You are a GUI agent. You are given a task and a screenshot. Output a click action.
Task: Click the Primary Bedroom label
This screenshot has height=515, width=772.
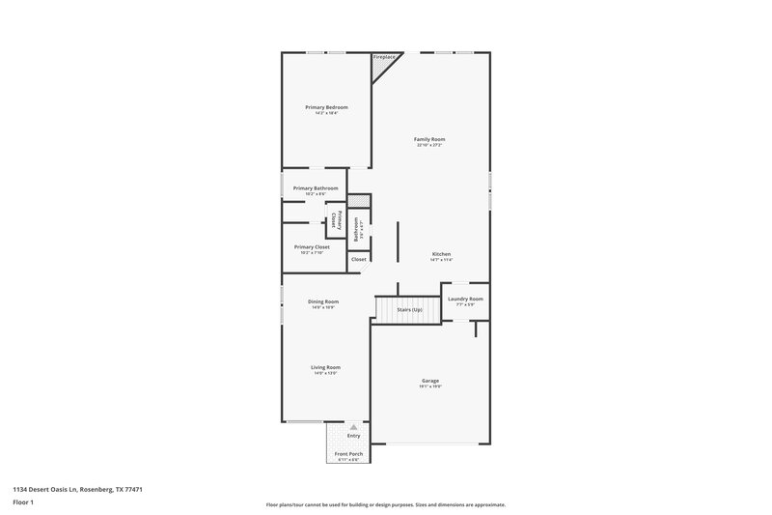(326, 106)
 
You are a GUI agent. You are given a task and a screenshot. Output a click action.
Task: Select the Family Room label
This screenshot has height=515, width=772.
(429, 139)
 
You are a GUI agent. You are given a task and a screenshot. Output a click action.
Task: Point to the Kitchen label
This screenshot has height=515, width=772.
(441, 254)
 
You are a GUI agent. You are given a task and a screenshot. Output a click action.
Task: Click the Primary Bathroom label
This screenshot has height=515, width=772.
(316, 188)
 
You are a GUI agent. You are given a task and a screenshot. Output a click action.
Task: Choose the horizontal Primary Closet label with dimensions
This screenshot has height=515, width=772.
(311, 247)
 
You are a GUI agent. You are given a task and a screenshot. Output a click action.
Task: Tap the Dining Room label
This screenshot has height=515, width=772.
(323, 301)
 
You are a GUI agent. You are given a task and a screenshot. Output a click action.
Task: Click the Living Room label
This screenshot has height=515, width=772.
(325, 367)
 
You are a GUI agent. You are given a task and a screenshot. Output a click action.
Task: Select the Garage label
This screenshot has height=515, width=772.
(430, 381)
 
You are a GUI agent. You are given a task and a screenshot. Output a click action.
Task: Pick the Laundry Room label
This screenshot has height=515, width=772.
(465, 300)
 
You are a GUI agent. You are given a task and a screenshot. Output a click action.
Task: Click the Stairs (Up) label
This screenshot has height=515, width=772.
(410, 309)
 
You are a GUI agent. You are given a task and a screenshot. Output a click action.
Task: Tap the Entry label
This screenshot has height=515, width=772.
(353, 436)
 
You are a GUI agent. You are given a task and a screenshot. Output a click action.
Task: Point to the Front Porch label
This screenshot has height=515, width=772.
(347, 454)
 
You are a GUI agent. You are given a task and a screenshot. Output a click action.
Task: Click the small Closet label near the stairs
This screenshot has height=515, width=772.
(358, 259)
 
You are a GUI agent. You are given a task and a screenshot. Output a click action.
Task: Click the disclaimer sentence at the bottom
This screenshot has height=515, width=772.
(385, 504)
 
